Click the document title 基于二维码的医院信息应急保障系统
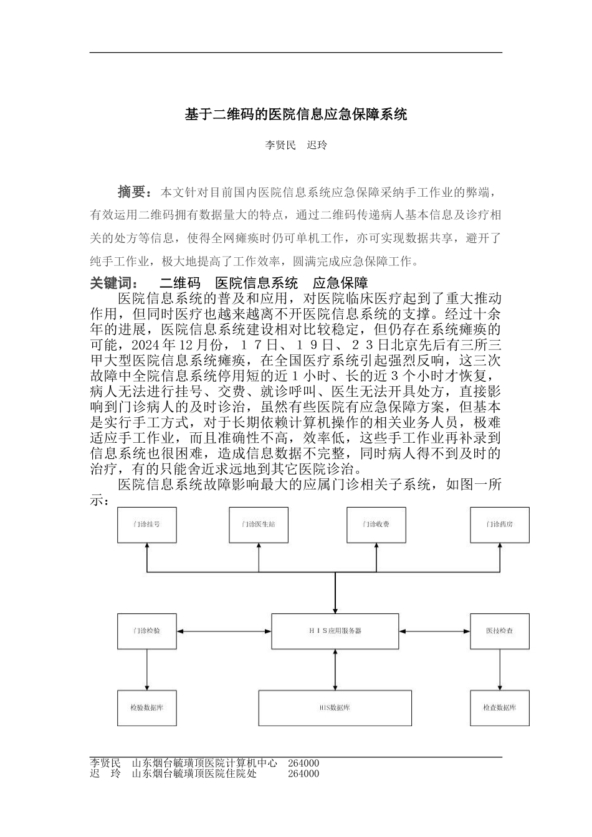point(296,115)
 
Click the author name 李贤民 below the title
point(280,145)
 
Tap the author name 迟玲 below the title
point(317,145)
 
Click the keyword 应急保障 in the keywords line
point(340,283)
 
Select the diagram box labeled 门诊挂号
point(146,524)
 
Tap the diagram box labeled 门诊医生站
point(258,524)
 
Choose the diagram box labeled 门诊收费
point(376,524)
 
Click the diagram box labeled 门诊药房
point(500,524)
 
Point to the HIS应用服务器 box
point(335,631)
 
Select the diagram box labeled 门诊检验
point(146,631)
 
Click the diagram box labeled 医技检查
point(500,631)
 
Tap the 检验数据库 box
point(146,708)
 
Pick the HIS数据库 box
point(335,708)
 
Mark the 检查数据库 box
point(500,708)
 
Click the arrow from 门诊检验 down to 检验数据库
point(146,669)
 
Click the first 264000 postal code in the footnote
point(303,763)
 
